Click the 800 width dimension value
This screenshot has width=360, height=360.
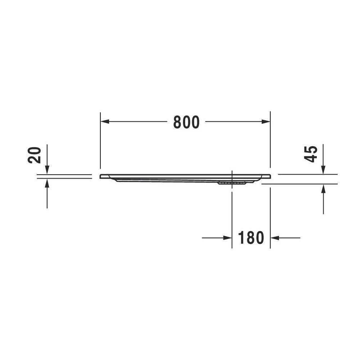(186, 122)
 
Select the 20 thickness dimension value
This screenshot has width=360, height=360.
(35, 155)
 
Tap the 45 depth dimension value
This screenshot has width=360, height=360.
(311, 154)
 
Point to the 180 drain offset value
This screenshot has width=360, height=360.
(251, 238)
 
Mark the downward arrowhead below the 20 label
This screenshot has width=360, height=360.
(47, 170)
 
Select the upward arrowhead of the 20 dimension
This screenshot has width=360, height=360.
(47, 183)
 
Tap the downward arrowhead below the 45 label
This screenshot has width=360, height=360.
(323, 170)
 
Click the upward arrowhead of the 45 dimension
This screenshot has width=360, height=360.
(323, 188)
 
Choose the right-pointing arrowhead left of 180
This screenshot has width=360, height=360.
(227, 238)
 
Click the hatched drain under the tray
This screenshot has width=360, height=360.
(232, 183)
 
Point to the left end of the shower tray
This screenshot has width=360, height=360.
(101, 176)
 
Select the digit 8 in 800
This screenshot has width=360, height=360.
(177, 122)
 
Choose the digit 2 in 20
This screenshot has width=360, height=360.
(35, 159)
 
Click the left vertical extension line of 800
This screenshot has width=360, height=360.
(100, 144)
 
